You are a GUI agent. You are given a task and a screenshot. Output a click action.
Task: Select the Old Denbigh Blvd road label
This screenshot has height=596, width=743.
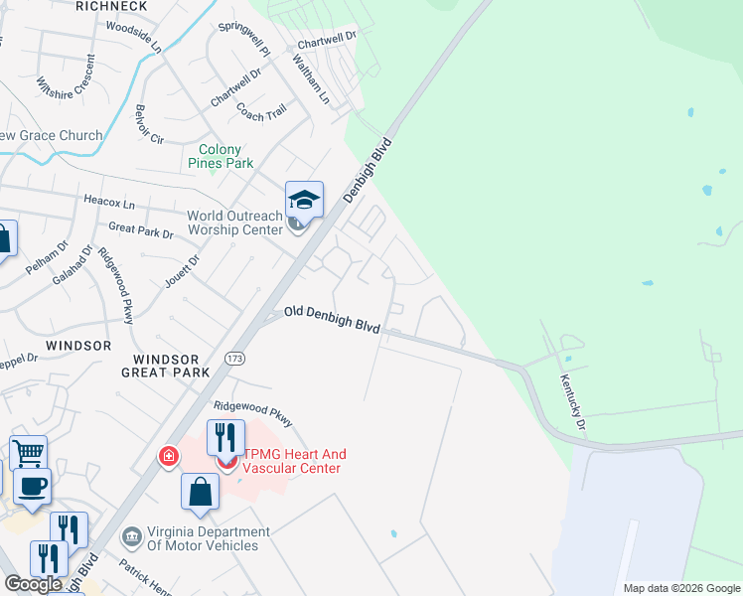pos(333,318)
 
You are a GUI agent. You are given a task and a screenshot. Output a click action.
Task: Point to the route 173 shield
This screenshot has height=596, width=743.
pos(235,358)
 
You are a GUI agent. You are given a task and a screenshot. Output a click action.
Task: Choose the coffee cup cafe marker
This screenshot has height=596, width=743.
pos(33,487)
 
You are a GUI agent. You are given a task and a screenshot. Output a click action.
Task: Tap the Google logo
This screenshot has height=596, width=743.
pos(33,584)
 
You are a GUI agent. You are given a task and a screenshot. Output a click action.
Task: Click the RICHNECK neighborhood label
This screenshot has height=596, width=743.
pos(111,6)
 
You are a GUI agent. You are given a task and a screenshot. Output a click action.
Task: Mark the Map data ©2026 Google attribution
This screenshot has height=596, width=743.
pos(680,588)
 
